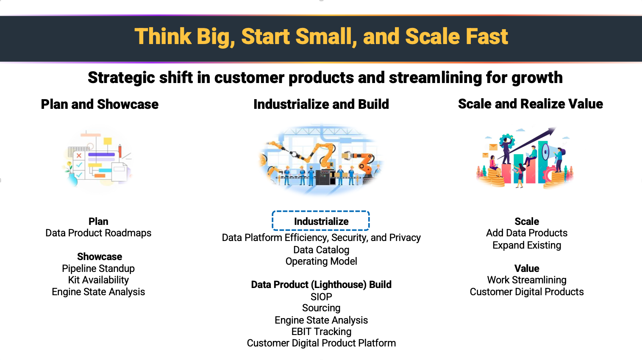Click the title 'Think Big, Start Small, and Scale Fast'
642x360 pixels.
321,37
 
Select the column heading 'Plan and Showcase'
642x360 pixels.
100,104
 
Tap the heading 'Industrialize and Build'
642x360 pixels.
321,104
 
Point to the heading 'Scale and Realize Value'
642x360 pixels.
530,104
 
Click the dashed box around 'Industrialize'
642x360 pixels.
321,221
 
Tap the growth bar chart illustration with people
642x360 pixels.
525,159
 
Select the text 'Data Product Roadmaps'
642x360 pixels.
98,233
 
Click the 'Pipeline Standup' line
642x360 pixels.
98,269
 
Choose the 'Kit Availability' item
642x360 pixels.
98,280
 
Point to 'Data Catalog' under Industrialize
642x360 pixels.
321,250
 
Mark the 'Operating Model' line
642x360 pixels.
321,261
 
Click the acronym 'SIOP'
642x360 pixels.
321,296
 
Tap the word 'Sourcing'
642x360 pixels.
321,308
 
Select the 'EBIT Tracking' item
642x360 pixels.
321,332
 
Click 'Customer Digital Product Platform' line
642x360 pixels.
321,343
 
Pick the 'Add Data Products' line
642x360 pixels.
527,233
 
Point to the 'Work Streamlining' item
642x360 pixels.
527,280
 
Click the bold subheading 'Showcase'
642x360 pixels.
100,257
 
